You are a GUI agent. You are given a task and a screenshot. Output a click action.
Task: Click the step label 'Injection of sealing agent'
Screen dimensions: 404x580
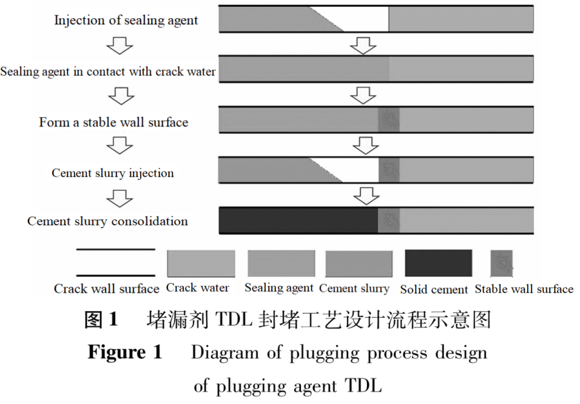(126, 20)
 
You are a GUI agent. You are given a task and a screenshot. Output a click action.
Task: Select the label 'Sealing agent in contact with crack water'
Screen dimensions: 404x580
(108, 72)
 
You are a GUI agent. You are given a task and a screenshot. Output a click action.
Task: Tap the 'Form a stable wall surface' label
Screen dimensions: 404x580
(113, 122)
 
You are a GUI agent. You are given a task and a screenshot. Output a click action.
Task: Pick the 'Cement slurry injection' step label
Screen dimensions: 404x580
(113, 173)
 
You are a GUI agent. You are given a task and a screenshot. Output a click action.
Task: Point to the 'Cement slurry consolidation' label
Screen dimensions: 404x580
(107, 221)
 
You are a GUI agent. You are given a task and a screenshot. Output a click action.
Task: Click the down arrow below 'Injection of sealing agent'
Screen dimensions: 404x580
(120, 44)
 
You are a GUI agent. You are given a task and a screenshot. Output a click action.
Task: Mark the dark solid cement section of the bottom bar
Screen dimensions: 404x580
(297, 220)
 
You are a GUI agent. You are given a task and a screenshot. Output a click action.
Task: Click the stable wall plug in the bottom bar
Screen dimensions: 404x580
(389, 220)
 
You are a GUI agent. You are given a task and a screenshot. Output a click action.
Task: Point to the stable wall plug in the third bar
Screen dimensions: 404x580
(389, 119)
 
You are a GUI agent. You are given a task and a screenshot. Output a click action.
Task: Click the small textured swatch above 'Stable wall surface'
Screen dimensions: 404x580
(502, 262)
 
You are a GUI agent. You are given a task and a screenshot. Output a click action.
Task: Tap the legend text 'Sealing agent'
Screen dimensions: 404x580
(279, 287)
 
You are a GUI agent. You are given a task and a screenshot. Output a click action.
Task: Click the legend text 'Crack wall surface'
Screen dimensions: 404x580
(106, 289)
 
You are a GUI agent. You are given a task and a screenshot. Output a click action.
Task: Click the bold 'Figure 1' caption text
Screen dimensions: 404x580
(125, 353)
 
